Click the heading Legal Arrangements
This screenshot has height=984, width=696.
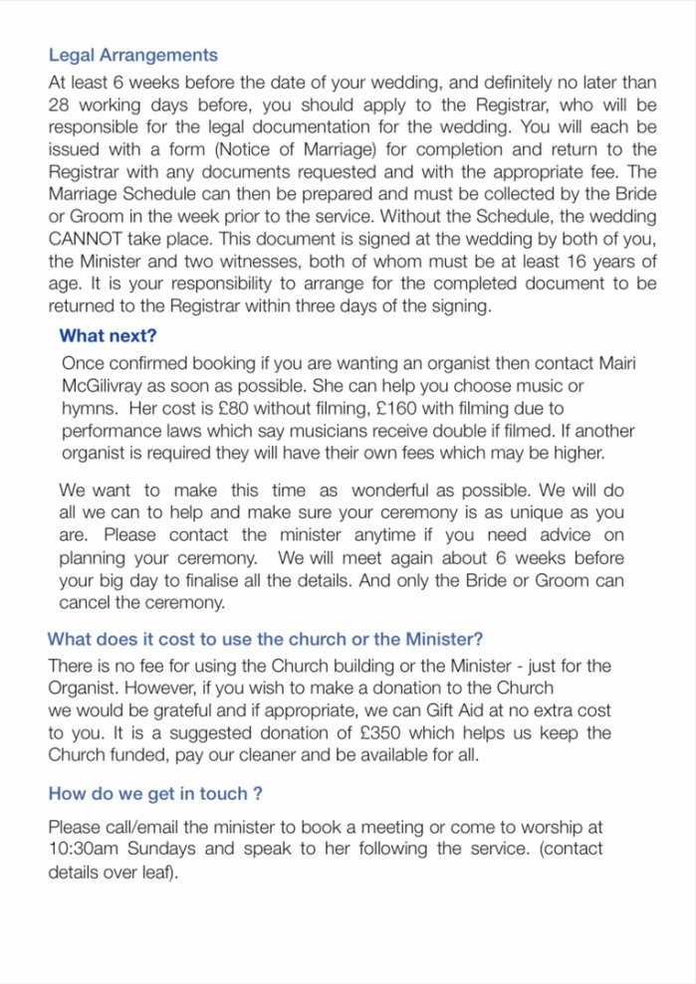(132, 56)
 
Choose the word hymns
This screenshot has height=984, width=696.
(87, 409)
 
